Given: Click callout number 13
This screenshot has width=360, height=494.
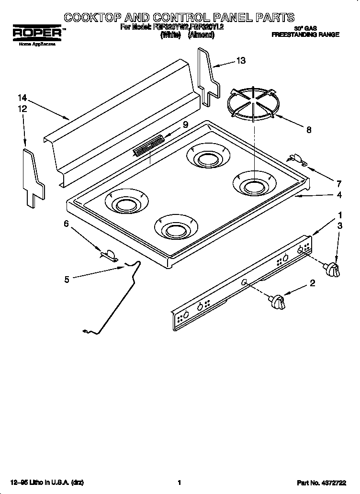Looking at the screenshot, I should click(241, 60).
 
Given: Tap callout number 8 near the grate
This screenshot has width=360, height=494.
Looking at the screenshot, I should click(308, 128).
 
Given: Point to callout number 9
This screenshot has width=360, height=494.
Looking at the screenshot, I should click(185, 124).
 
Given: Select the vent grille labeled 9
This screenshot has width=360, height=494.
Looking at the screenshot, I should click(148, 146).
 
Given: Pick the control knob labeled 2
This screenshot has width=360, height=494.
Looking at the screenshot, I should click(277, 302).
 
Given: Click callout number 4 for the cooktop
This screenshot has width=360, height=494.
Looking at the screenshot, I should click(339, 195).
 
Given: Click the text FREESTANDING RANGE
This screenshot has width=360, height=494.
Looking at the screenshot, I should click(305, 35).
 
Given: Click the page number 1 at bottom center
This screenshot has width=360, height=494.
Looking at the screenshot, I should click(179, 483).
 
